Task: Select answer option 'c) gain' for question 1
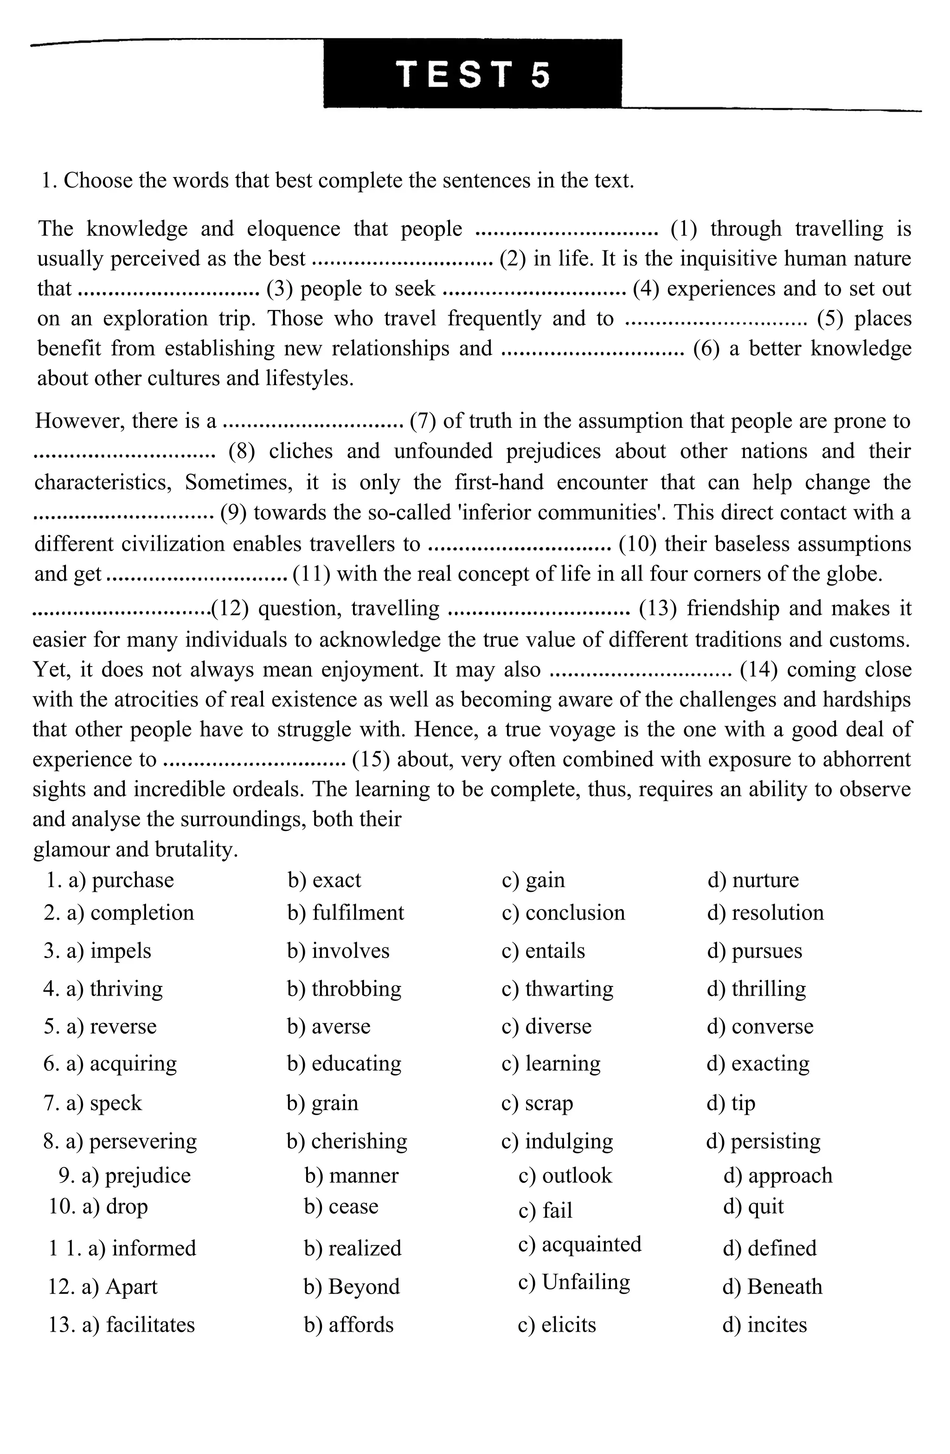point(533,880)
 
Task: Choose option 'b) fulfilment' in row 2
point(346,914)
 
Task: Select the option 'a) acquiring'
point(121,1064)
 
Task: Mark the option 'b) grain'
point(322,1103)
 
